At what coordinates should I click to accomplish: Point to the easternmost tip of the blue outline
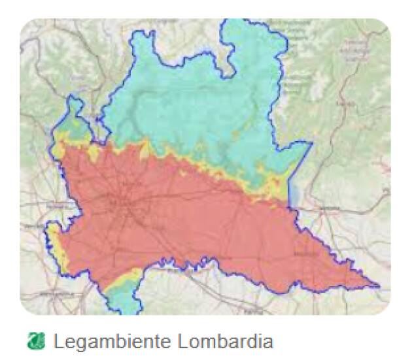379,286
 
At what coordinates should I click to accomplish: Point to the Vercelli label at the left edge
29,225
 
